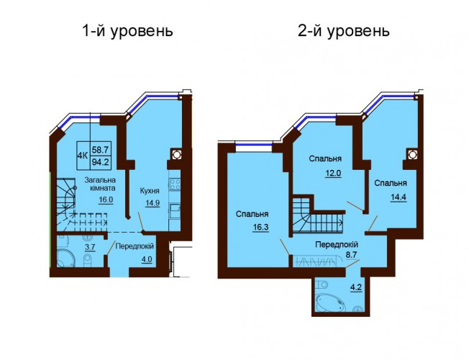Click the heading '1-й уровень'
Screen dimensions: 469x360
tap(127, 32)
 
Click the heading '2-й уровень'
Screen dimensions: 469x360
tap(343, 32)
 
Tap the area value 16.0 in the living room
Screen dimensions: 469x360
tap(106, 199)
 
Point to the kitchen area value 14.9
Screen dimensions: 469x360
tap(152, 203)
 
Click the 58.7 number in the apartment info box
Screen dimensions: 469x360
tap(101, 148)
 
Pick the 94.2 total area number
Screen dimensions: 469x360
tap(101, 162)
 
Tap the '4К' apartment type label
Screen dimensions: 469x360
tap(83, 155)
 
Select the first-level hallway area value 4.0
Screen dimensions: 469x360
tap(147, 258)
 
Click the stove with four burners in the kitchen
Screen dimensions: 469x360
tap(175, 184)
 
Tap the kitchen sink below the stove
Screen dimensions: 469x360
tap(175, 210)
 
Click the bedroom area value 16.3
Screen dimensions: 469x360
tap(260, 228)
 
